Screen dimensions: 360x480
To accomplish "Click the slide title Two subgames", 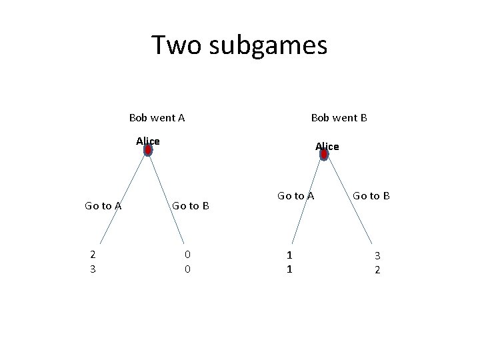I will pos(239,45).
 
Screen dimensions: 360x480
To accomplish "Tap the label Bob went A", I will pos(157,118).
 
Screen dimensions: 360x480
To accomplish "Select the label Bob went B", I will pos(339,118).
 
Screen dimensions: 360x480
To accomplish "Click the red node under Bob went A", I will pos(148,150).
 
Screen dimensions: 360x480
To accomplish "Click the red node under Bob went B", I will pos(324,155).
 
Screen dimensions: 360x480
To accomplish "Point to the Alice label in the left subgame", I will pos(148,141).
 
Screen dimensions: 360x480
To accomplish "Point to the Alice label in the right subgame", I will pos(327,146).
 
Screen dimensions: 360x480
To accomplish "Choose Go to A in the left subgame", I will pos(103,206).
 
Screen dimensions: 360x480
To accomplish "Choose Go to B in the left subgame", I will pos(191,206).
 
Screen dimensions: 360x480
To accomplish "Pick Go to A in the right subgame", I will pos(295,195).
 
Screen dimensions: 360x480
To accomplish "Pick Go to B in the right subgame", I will pos(371,195).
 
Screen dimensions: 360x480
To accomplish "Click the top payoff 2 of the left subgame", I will pos(93,254).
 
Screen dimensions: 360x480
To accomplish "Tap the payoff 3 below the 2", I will pos(93,269).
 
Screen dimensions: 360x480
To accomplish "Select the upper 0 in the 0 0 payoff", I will pos(188,254).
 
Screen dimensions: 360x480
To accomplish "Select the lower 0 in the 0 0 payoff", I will pos(188,269).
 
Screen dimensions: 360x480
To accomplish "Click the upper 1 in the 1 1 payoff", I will pos(289,255).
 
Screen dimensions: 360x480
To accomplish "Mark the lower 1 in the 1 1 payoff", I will pos(289,269).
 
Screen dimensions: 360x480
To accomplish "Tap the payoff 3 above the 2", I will pos(377,255).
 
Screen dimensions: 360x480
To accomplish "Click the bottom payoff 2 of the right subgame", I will pos(377,269).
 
